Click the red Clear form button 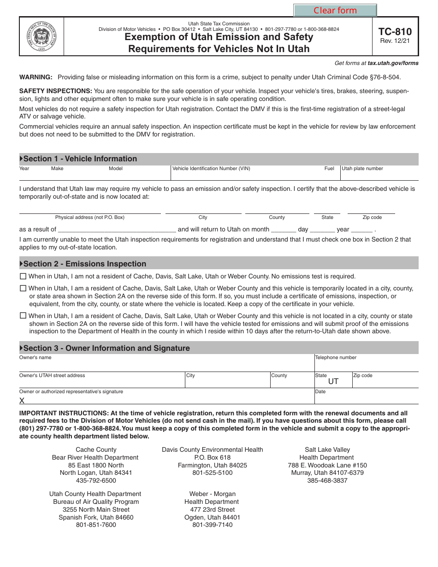335,11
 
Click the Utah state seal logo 41,36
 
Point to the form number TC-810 395,32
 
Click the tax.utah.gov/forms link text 393,63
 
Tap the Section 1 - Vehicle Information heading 80,159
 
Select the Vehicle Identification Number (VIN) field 247,175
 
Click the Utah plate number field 379,175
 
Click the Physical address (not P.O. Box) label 90,218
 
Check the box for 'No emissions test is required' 23,277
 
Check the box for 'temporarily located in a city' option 23,289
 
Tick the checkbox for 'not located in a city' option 23,316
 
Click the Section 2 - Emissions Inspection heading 84,264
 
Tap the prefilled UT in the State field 333,382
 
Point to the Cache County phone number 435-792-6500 96,481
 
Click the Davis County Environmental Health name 213,450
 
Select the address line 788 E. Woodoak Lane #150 327,466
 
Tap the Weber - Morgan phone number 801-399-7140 213,525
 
